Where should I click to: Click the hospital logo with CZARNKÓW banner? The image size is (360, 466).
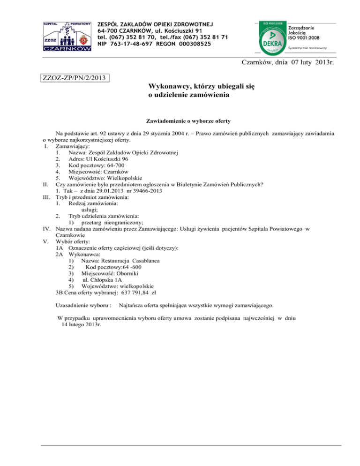coord(67,36)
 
